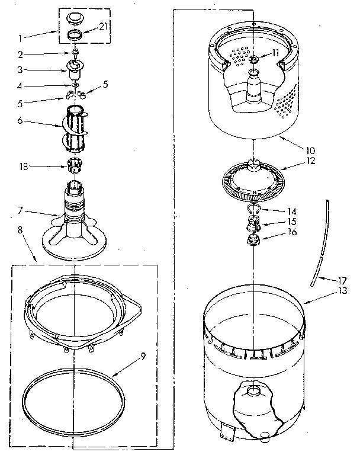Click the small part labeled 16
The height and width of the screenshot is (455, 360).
coord(253,241)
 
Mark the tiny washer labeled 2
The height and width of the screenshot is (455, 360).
coord(75,55)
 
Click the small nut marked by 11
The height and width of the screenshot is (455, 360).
coord(253,60)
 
